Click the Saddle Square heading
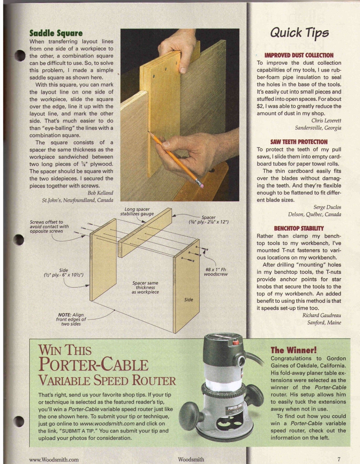coord(56,33)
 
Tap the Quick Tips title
coord(299,32)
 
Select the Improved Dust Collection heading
coord(299,55)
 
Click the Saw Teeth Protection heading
coord(299,142)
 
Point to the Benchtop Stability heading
coord(299,228)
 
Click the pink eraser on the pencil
coord(199,184)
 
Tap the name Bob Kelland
coord(100,193)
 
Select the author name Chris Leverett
coord(326,120)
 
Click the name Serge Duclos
coord(327,207)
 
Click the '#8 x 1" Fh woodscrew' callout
coord(216,272)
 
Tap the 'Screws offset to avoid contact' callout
coord(49,226)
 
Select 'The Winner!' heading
coord(293,350)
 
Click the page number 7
coord(339,459)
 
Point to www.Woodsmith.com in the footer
coord(54,459)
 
